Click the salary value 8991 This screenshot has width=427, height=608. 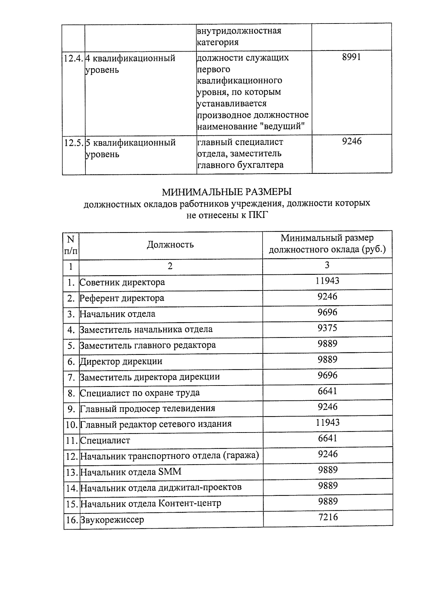(351, 57)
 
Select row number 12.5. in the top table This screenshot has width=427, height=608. (74, 143)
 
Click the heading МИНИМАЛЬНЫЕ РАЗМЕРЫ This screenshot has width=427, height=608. (227, 192)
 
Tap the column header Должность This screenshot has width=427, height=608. (170, 244)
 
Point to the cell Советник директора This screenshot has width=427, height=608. (122, 282)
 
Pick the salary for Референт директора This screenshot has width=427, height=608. (327, 297)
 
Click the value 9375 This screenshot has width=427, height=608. (327, 328)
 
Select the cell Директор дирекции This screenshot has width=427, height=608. (121, 361)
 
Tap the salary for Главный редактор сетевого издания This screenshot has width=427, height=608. (327, 423)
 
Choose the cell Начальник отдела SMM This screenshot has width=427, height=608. (131, 472)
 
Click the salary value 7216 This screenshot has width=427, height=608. (328, 517)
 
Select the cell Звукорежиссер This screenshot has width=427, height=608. (112, 520)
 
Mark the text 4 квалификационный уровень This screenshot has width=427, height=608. (130, 63)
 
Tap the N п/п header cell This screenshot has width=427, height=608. (71, 245)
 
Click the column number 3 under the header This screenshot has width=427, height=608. (327, 265)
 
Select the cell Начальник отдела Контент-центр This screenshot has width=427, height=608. (151, 503)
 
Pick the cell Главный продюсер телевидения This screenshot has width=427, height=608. (147, 409)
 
